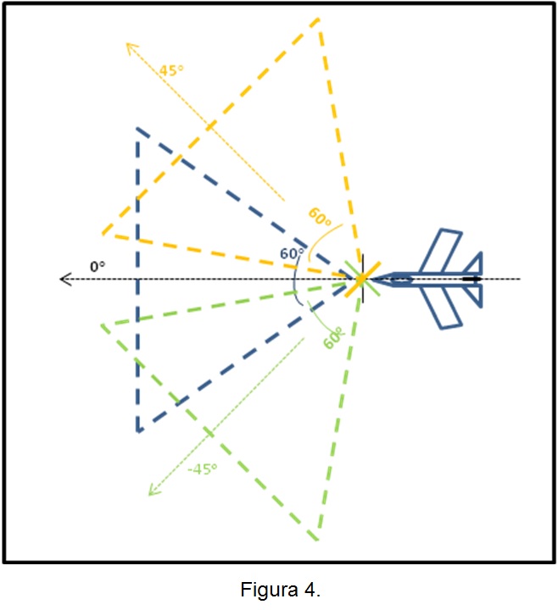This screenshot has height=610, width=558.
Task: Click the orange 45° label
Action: click(x=171, y=70)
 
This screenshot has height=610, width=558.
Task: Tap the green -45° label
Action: click(x=202, y=469)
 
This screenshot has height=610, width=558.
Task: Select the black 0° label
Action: click(x=98, y=267)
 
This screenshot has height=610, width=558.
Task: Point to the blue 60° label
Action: click(x=292, y=253)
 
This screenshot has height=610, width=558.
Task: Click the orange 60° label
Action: click(x=320, y=217)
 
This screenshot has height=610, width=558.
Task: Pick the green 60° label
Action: click(x=334, y=338)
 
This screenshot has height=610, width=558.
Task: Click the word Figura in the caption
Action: click(x=269, y=590)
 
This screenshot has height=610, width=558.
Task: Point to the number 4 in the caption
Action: click(x=310, y=589)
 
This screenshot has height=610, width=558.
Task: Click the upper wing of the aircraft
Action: click(x=441, y=251)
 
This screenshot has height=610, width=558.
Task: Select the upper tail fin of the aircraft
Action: click(x=475, y=264)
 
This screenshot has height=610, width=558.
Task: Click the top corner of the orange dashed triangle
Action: click(x=319, y=19)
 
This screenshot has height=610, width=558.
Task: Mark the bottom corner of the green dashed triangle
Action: click(x=318, y=539)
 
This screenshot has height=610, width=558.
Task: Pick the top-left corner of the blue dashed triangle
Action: click(x=137, y=129)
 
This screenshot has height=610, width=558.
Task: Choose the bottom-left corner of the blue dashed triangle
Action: click(x=138, y=431)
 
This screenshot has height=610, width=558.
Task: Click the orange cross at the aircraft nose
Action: click(x=362, y=279)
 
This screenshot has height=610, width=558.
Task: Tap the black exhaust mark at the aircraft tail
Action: click(x=472, y=279)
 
